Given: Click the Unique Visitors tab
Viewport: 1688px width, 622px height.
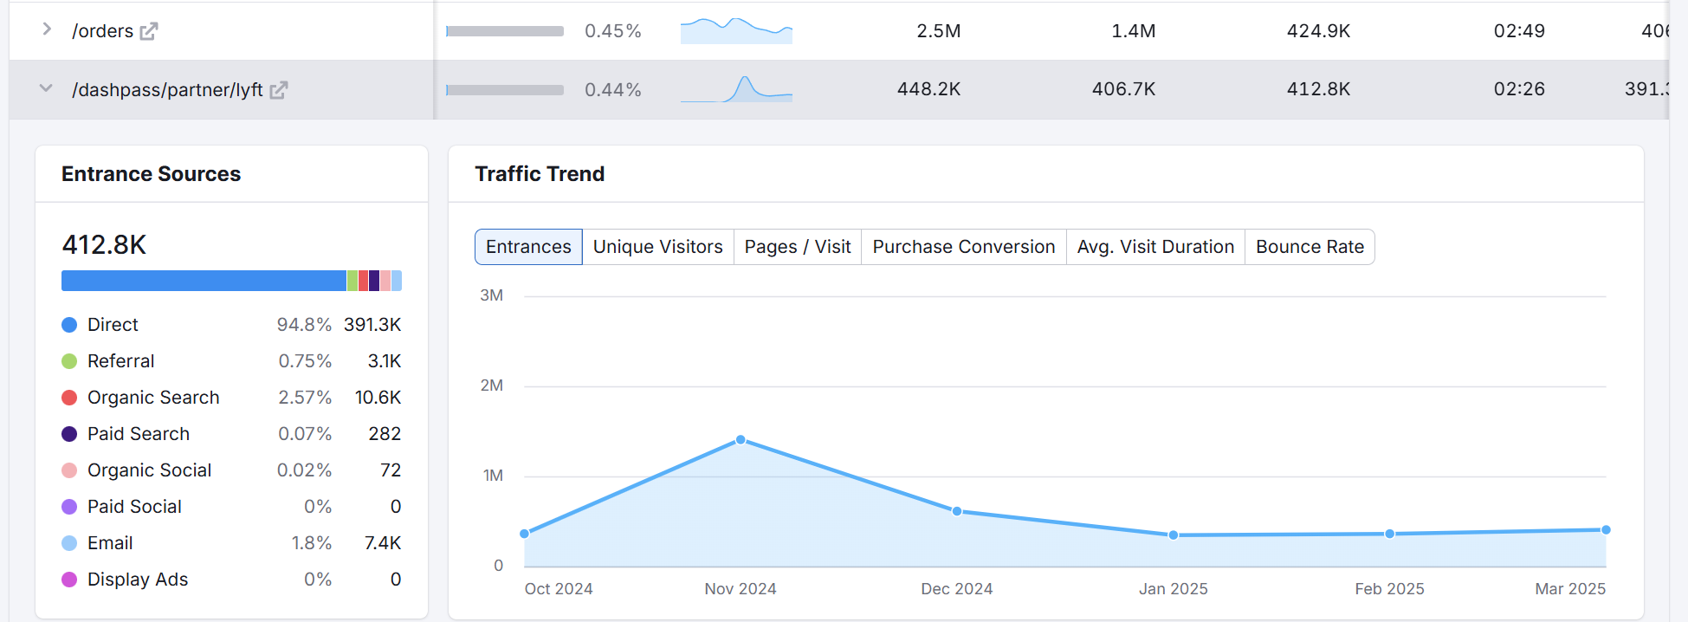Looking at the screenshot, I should [x=657, y=247].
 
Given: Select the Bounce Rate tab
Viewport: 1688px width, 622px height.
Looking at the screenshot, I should [x=1310, y=247].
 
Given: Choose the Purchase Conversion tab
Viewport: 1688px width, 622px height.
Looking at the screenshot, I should [x=963, y=247].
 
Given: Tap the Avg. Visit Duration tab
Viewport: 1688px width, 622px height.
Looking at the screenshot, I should [x=1155, y=247].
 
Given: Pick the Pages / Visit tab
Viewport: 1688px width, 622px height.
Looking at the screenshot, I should [x=798, y=247].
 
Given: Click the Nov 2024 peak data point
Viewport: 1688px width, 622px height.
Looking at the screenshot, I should [x=741, y=440].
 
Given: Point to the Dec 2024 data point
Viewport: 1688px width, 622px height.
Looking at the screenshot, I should [x=957, y=511].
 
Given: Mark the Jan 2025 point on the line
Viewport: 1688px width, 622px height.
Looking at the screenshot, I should [x=1174, y=535].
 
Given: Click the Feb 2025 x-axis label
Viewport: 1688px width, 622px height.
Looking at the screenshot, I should [x=1389, y=589].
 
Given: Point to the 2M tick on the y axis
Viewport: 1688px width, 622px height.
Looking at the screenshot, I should [x=491, y=386].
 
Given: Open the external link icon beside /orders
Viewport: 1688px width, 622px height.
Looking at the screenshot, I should [x=149, y=31].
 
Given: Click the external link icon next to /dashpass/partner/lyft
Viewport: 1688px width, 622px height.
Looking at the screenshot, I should [x=278, y=90].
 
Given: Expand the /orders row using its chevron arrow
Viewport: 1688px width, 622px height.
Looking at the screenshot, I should [x=47, y=29].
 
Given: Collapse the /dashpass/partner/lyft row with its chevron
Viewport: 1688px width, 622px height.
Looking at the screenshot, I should [x=47, y=88].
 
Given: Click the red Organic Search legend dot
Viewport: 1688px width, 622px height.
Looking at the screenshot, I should [x=69, y=398].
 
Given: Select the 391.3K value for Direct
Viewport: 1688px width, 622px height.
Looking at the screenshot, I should [x=372, y=325].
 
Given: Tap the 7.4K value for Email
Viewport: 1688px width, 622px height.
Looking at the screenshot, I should [x=383, y=543].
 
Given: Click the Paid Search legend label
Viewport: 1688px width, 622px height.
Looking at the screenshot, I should [x=139, y=434].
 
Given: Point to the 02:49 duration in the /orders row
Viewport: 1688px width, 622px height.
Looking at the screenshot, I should [x=1519, y=31].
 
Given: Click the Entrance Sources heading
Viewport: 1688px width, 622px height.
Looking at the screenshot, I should [x=152, y=174].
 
